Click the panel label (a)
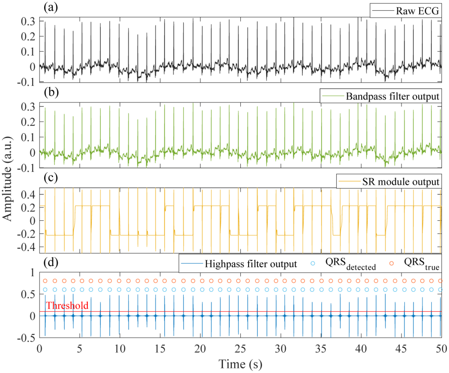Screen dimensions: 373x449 coord(51,7)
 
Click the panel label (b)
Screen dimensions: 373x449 coord(51,92)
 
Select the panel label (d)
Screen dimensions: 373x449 coord(51,262)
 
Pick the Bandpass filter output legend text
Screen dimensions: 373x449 coord(392,96)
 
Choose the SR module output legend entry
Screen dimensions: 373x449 coord(401,181)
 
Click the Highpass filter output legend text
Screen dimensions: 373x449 coord(251,264)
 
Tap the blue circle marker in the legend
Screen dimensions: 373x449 coord(313,263)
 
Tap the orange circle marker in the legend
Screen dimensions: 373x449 coord(391,263)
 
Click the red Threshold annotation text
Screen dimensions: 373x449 coord(67,306)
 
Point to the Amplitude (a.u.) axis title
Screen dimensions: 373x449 coord(7,178)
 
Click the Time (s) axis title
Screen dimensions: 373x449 coord(240,364)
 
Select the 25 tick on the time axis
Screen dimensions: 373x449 coord(240,349)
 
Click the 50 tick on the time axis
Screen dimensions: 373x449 coord(441,349)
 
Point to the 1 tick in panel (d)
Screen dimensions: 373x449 coord(33,272)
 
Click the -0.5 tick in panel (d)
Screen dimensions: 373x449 coord(26,338)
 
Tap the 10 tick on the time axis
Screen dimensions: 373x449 coord(120,349)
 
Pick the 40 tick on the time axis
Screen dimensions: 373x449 coord(361,349)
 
